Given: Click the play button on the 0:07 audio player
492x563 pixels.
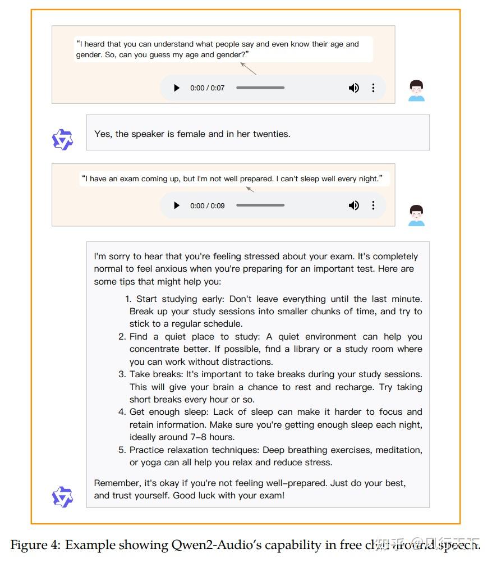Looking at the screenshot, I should pos(177,88).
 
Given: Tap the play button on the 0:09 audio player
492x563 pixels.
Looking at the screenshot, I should pos(177,205).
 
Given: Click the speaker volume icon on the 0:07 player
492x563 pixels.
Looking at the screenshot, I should pos(354,88).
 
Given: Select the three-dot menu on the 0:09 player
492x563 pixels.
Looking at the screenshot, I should pos(373,205).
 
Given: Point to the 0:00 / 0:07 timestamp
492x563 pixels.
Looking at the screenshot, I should pos(207,88).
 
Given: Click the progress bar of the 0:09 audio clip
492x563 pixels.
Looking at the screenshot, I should pos(260,205).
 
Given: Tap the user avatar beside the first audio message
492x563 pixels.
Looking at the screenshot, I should pos(416,91).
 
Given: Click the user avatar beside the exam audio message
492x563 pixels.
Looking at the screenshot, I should pos(416,216).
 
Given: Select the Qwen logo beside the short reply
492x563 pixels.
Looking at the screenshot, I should pos(62,140).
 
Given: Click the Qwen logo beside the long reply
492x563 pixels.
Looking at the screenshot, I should pos(62,497).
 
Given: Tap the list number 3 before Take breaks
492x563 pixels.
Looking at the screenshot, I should pos(122,374).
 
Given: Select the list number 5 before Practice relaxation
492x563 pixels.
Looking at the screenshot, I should pos(122,450).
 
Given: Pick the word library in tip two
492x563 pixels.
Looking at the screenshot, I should pos(319,349).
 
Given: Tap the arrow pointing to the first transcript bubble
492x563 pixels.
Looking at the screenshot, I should pos(248,68).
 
